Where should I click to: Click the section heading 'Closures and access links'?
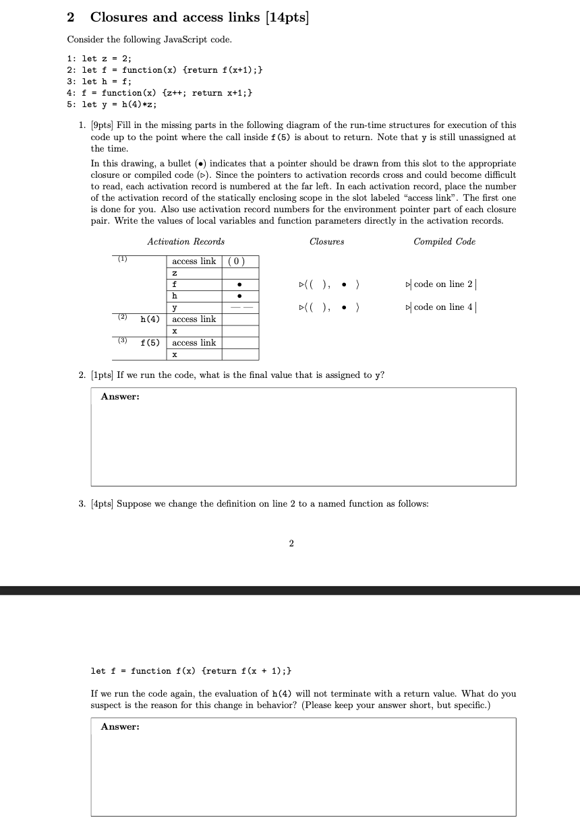[175, 18]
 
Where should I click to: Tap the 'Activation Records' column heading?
[185, 241]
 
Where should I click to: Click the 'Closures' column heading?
[326, 241]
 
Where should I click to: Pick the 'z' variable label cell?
[175, 273]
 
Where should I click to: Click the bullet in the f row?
[240, 284]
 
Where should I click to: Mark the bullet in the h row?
[240, 296]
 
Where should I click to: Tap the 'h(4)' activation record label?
[150, 319]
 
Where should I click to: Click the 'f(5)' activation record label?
[150, 343]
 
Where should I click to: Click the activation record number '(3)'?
[122, 341]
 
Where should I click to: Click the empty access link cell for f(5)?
[240, 343]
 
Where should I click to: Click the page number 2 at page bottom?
[291, 544]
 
